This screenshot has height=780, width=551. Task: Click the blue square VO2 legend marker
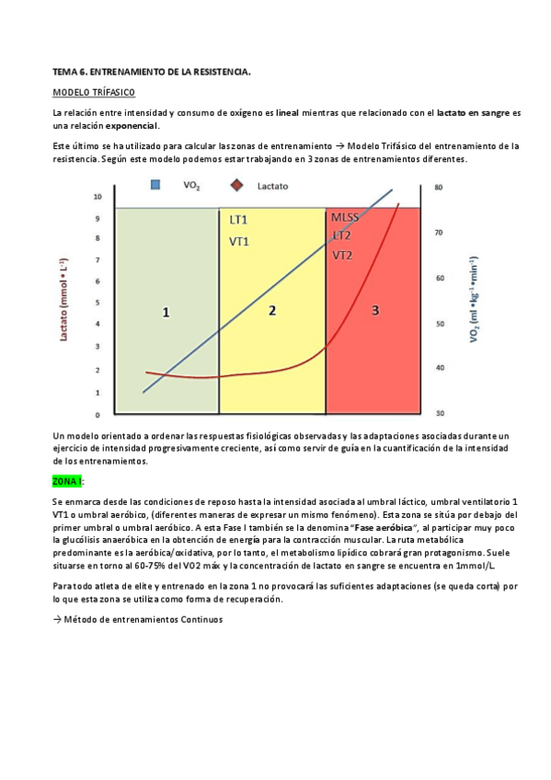coord(155,185)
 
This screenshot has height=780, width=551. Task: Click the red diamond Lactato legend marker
coord(236,185)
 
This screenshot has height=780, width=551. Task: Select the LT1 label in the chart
coord(238,220)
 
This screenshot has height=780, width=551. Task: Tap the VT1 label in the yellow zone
coord(238,241)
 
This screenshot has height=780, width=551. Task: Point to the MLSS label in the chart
coord(345,217)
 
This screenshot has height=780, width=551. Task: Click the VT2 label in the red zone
coord(342,255)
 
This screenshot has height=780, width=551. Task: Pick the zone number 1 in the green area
coord(166,313)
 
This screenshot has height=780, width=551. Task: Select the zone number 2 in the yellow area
coord(272,311)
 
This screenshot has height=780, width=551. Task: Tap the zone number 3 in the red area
coord(375,311)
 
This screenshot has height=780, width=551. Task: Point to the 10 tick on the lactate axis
coord(97,197)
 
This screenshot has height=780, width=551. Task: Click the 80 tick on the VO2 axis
coord(439,188)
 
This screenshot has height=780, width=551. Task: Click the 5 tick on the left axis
coord(98,304)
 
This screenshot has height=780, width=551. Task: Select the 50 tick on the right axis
coord(439,323)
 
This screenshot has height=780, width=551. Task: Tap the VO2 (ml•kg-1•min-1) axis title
coord(472,300)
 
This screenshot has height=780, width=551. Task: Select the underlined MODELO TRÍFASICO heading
coord(94,93)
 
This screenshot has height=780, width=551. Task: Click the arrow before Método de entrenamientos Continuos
coord(58,619)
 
